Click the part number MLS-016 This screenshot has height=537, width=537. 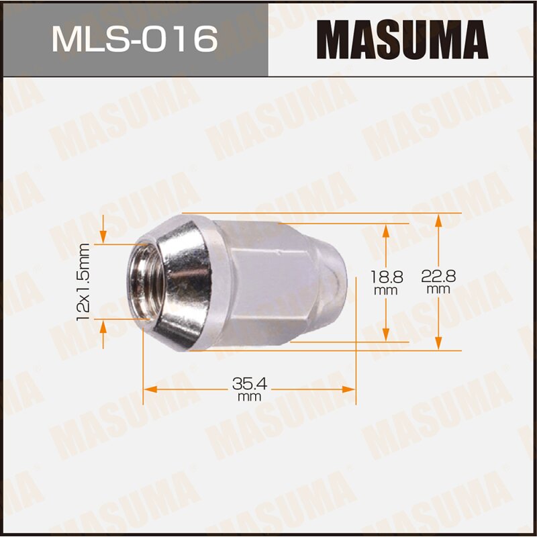pyautogui.click(x=134, y=40)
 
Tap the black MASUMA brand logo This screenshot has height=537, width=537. pyautogui.click(x=402, y=39)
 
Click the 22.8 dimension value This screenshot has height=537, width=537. pyautogui.click(x=438, y=275)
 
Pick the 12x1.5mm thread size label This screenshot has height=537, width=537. pyautogui.click(x=84, y=281)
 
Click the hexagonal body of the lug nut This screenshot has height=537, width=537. pyautogui.click(x=262, y=282)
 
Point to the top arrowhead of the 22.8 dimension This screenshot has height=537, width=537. pyautogui.click(x=438, y=219)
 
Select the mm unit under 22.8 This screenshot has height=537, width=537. pyautogui.click(x=438, y=289)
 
